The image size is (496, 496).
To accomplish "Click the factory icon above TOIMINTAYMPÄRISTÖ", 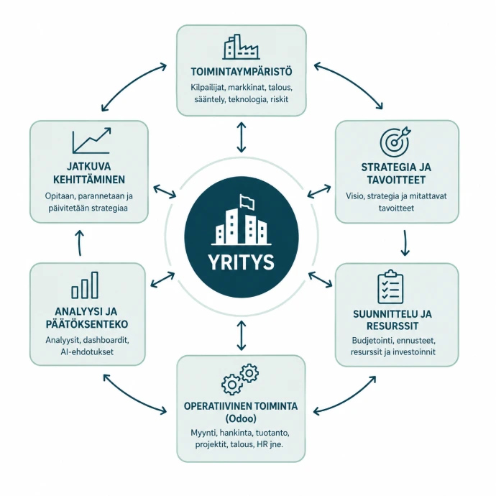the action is tap(241, 47).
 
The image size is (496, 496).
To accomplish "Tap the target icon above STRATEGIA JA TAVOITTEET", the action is tap(395, 140).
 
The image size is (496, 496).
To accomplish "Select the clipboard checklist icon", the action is tap(390, 287).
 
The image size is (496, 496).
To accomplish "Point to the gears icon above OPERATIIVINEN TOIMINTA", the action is tap(240, 379).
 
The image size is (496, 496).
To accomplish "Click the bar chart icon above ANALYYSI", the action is tap(85, 285).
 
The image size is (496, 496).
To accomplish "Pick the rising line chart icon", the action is tap(91, 140).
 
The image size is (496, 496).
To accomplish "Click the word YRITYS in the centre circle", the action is tap(241, 262).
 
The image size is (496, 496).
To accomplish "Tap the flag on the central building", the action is tap(247, 202).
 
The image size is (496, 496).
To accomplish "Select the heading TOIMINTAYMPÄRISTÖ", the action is tap(242, 71).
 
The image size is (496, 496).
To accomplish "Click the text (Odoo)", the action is tap(241, 418).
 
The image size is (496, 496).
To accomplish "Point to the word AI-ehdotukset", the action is tap(87, 352).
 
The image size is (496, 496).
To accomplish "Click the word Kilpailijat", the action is tap(208, 87).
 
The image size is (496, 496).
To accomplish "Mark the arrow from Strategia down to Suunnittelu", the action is tap(405, 243).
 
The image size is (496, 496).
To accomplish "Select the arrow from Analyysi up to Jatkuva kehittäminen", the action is tap(80, 243).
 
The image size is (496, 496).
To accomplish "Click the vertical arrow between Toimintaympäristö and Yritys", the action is tap(242, 137).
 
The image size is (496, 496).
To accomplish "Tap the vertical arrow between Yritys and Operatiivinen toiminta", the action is tap(242, 335).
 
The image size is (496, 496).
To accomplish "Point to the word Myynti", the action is tap(202, 433).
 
